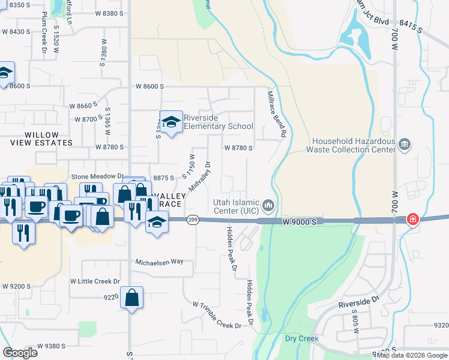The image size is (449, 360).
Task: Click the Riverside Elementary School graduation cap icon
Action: (x=171, y=122)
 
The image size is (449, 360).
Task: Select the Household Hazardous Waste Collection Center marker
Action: (x=405, y=145)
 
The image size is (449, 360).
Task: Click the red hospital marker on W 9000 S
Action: (x=413, y=220)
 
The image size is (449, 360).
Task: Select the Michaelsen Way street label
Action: (x=163, y=262)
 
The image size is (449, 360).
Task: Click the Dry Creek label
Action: (x=301, y=338)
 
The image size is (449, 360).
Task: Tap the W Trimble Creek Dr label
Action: (x=217, y=314)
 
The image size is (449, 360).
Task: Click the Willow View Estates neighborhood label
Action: (x=41, y=139)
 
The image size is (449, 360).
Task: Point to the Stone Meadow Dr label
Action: (x=97, y=177)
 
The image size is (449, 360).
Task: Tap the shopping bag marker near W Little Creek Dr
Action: (x=131, y=298)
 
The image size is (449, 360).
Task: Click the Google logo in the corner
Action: (x=20, y=353)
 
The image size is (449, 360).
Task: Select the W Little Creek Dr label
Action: (x=95, y=281)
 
